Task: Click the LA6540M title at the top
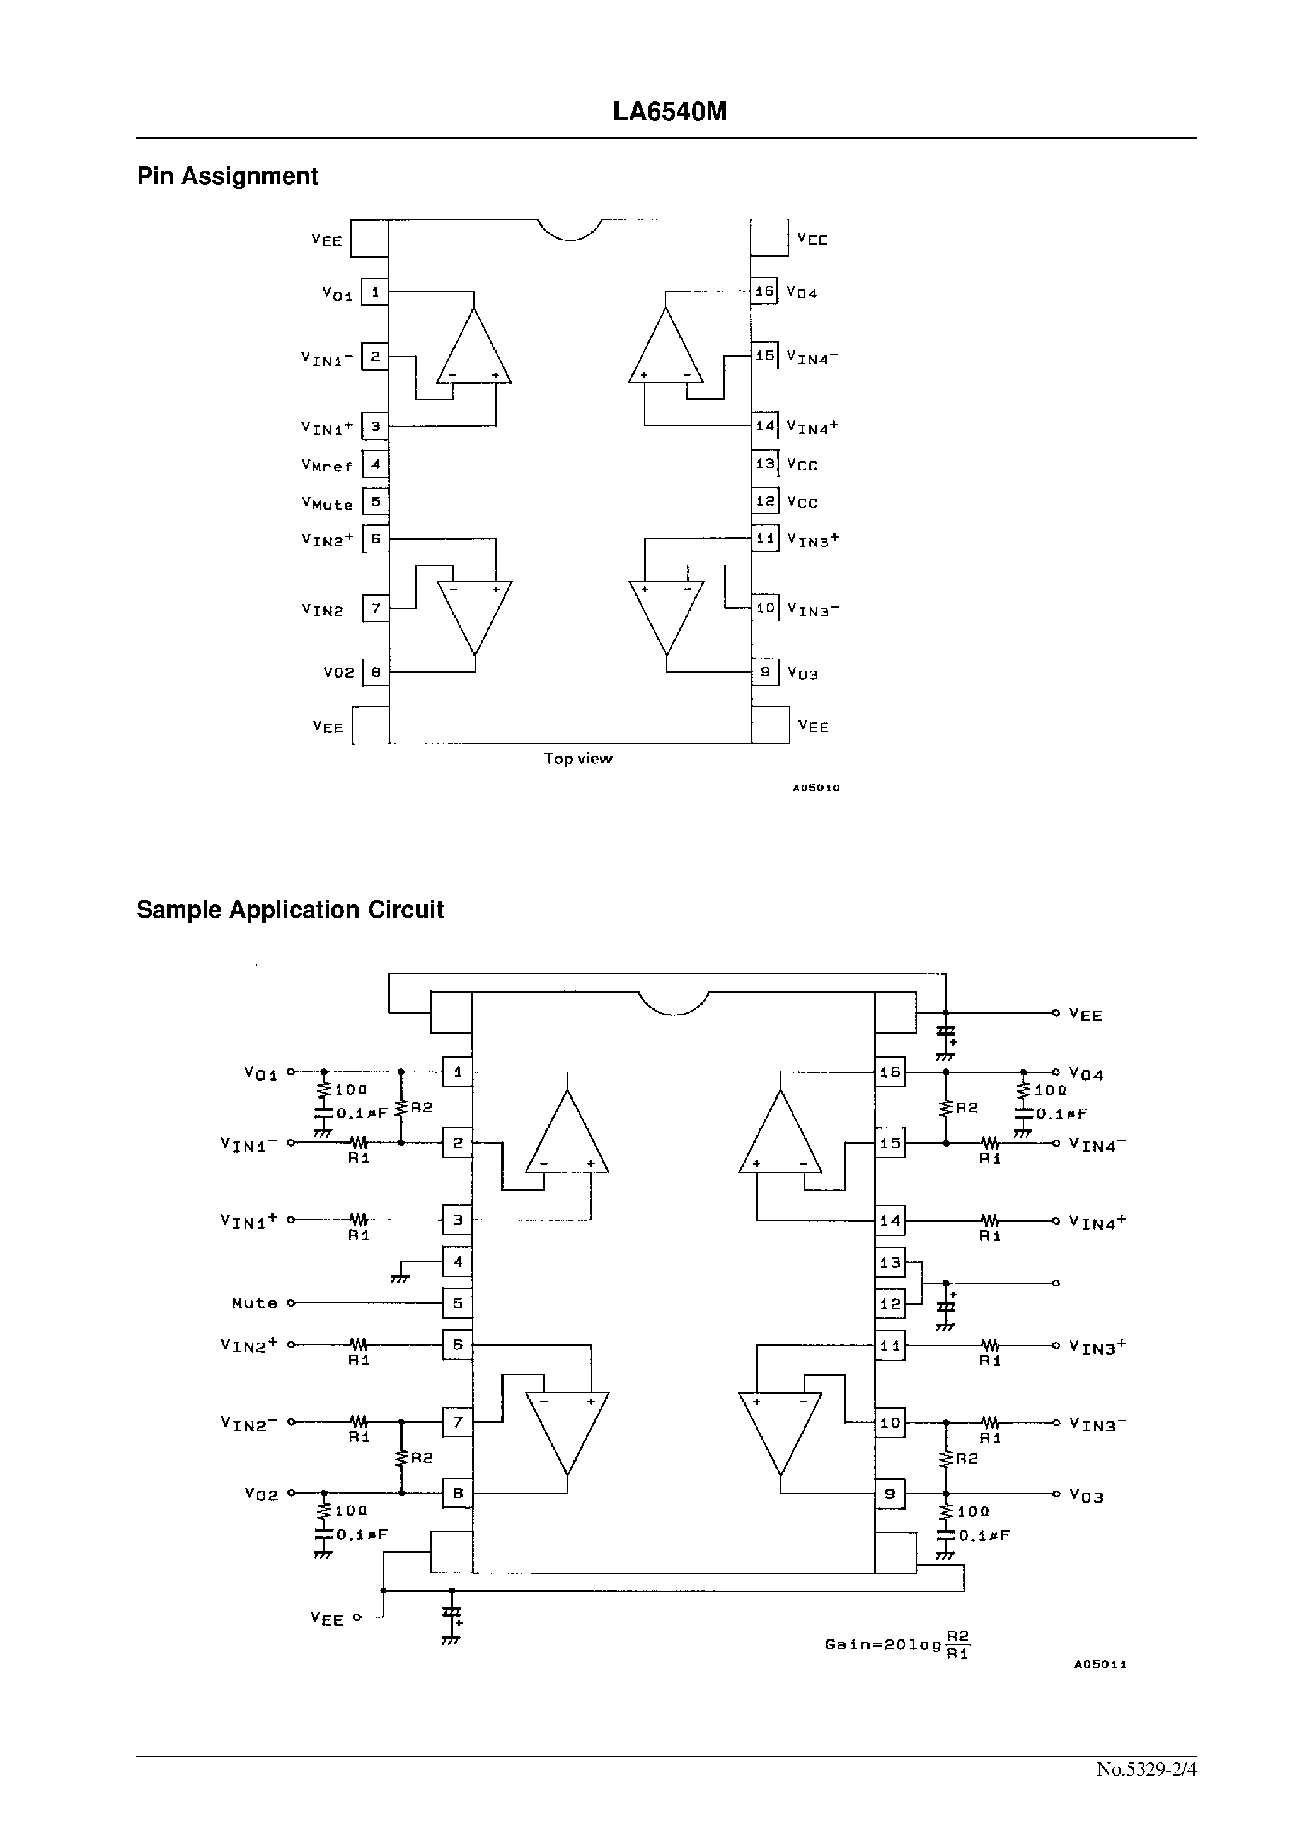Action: pyautogui.click(x=669, y=112)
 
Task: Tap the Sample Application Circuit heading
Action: pyautogui.click(x=290, y=910)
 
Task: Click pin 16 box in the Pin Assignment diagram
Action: pyautogui.click(x=764, y=291)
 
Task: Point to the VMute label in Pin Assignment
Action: pyautogui.click(x=326, y=503)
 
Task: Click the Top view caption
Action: pyautogui.click(x=578, y=758)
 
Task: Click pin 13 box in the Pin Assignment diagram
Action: pyautogui.click(x=765, y=464)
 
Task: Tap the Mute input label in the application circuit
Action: pyautogui.click(x=255, y=1303)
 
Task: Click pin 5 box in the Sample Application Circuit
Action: pyautogui.click(x=458, y=1303)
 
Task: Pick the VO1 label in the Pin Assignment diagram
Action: pyautogui.click(x=337, y=294)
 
